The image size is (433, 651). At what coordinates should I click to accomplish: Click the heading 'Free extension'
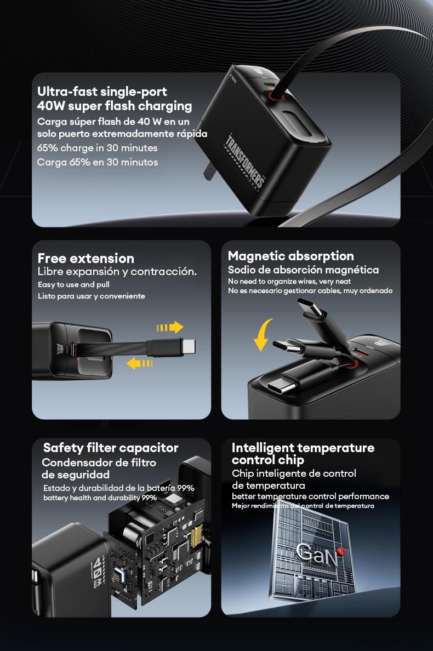click(86, 258)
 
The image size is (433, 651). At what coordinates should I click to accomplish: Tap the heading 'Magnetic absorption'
click(290, 256)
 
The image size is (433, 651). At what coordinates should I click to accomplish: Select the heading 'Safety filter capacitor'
click(111, 448)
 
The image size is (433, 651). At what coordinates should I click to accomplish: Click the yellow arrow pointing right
click(170, 328)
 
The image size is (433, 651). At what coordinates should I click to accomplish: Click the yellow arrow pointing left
click(139, 363)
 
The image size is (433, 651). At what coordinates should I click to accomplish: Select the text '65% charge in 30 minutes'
click(97, 148)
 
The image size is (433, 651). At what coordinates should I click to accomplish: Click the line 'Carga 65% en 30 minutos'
click(98, 162)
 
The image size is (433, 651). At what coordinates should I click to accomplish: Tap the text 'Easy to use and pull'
click(73, 285)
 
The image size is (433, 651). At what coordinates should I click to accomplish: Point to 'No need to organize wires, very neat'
click(289, 281)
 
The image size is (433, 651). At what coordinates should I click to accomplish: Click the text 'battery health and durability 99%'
click(100, 498)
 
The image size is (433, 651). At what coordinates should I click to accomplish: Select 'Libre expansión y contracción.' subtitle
click(117, 272)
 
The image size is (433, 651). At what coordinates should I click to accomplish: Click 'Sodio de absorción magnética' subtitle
click(303, 270)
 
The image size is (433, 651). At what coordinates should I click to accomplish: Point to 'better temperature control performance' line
click(310, 496)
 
